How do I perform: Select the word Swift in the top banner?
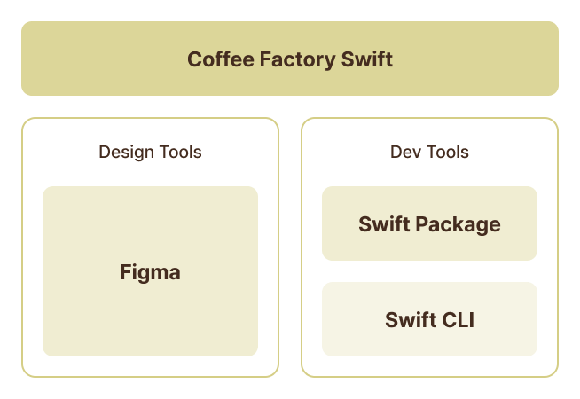(367, 59)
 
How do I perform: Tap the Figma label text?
(150, 273)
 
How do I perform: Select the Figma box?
(150, 222)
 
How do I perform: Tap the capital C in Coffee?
(194, 59)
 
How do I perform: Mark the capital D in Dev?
(396, 152)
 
